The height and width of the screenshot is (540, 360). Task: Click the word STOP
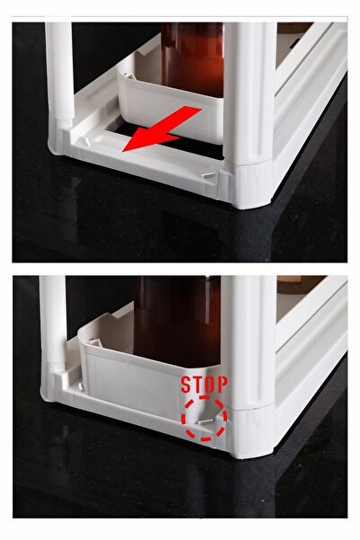point(204,385)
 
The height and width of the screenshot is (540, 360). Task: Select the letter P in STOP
point(222,385)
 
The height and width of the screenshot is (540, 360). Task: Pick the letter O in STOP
point(210,385)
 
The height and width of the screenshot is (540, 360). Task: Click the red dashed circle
point(205,418)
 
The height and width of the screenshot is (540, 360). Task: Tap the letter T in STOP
point(198,385)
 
